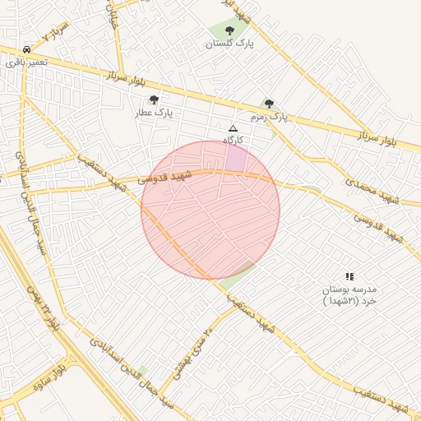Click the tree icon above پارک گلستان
point(229,30)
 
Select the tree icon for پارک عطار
point(154,99)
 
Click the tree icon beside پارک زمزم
point(269,104)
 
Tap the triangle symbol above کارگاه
point(233,128)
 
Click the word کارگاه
point(234,141)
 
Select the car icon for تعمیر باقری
point(28,49)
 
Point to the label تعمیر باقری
point(26,62)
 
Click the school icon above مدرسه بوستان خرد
point(349,276)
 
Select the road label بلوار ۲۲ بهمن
point(41,304)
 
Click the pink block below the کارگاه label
point(235,158)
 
